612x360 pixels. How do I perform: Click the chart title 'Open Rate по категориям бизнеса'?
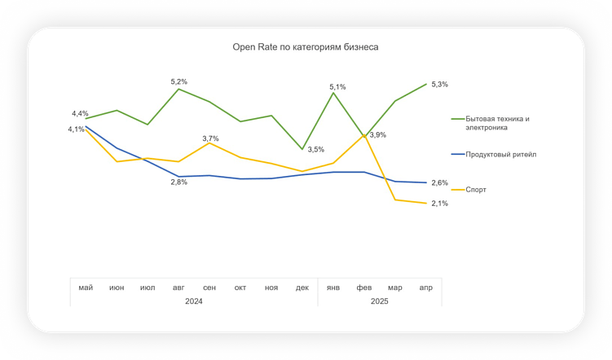point(306,47)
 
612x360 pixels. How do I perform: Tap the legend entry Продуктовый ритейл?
point(500,153)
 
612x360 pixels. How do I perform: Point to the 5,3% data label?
point(439,84)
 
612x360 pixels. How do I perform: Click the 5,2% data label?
point(178,81)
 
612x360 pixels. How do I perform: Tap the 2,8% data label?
point(178,182)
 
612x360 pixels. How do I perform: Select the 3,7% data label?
point(210,138)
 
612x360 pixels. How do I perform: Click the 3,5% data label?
point(315,149)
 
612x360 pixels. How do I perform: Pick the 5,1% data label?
point(337,86)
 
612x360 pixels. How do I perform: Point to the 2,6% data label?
point(439,182)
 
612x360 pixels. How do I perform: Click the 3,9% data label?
point(377,135)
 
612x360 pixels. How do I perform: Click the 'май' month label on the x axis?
point(86,288)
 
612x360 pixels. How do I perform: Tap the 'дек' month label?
point(302,288)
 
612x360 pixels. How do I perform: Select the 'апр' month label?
point(425,288)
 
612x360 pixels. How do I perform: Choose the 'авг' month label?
point(178,288)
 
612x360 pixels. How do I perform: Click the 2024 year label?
point(193,301)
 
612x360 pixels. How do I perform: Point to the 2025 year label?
point(379,301)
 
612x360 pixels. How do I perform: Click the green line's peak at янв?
point(333,93)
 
